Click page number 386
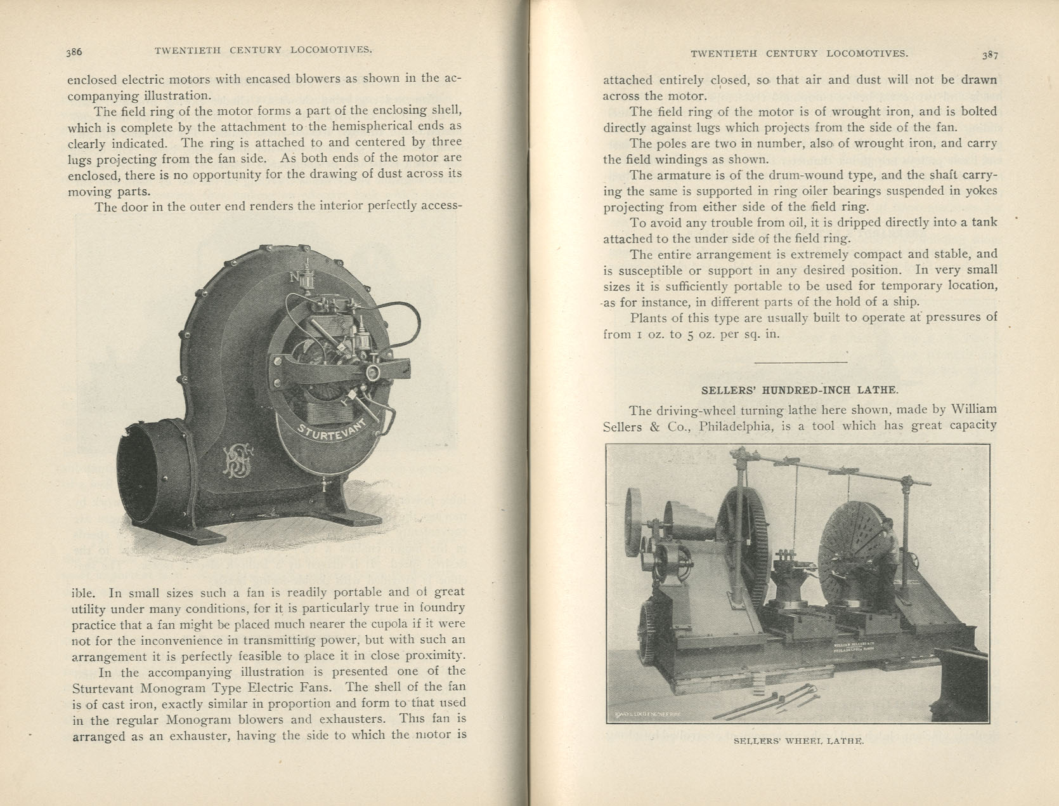[x=74, y=52]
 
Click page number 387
[x=990, y=55]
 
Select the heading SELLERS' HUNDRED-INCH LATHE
[x=800, y=390]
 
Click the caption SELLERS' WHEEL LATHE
[x=798, y=741]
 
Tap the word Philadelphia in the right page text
[x=736, y=426]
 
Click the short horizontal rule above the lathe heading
[x=800, y=362]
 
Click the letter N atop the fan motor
[x=294, y=277]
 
